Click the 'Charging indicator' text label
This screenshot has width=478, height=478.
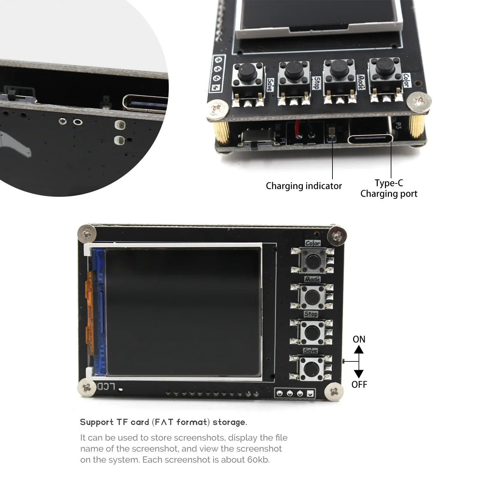click(x=303, y=186)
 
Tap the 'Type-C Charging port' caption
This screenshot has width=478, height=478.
click(x=389, y=189)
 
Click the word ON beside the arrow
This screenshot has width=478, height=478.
click(x=359, y=339)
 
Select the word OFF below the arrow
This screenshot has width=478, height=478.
click(x=359, y=385)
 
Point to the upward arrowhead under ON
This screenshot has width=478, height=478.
click(x=359, y=350)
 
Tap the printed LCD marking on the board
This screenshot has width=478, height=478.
click(x=106, y=387)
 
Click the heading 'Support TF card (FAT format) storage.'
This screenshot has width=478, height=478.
click(x=163, y=423)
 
